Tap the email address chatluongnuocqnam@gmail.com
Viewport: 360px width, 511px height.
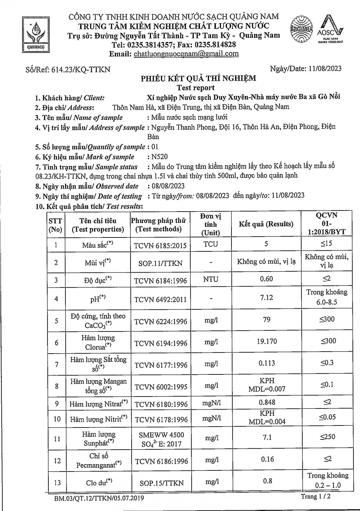tap(186, 54)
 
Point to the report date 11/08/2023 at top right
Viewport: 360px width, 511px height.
tap(325, 68)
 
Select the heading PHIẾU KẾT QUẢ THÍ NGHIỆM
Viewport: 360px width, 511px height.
tap(198, 79)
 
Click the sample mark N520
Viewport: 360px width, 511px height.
tap(160, 157)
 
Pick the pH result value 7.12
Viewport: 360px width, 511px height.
tap(266, 297)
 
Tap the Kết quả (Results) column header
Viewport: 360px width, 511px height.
tap(266, 224)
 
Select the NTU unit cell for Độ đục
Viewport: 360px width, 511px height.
tap(211, 279)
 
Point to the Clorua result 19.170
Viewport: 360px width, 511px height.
tap(267, 341)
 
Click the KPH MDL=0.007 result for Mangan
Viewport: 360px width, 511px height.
tap(267, 385)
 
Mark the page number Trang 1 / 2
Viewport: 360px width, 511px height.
tap(315, 496)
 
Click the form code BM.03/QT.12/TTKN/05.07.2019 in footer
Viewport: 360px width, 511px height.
tap(99, 498)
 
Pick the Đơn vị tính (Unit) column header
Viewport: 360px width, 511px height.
tap(211, 224)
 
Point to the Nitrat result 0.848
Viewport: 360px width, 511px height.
tap(267, 402)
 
